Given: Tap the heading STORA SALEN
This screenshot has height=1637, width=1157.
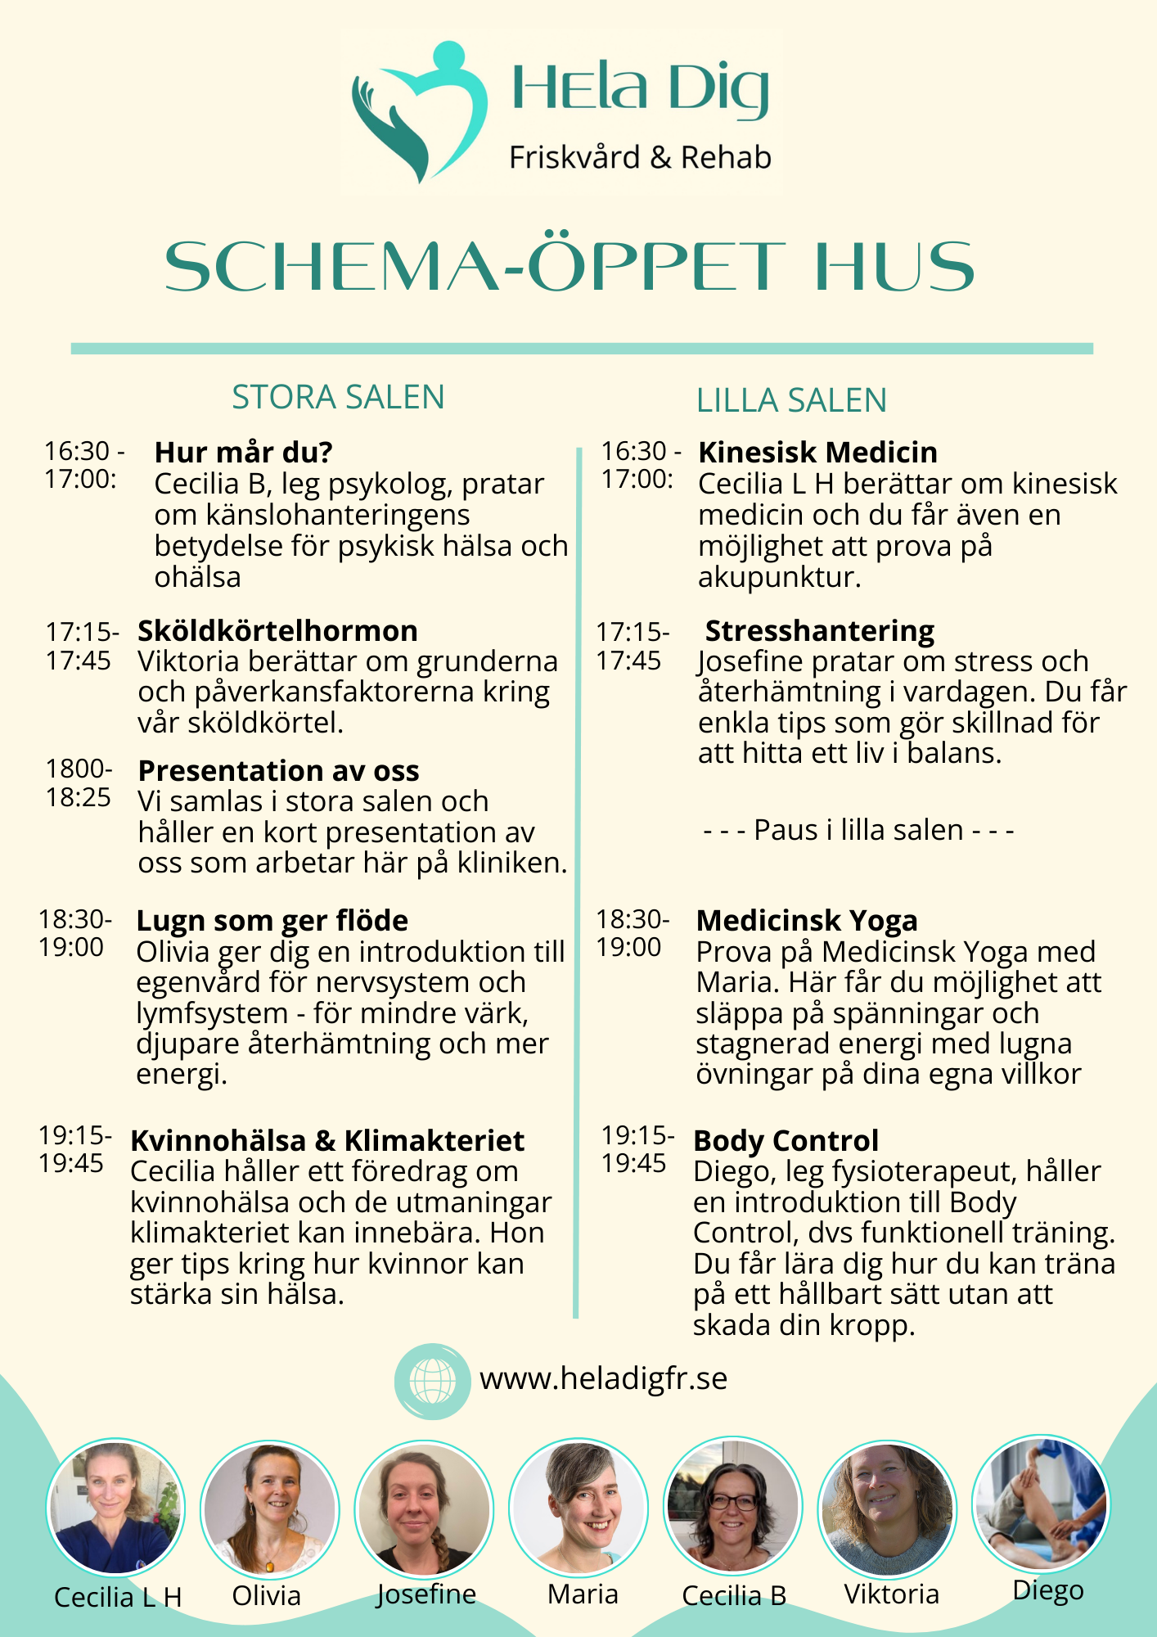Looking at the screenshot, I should tap(338, 398).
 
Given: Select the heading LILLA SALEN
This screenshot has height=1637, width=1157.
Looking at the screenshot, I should tap(791, 401).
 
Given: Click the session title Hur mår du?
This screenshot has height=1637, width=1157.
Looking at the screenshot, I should tap(243, 452).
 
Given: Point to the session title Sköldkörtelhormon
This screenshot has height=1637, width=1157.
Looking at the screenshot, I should tap(277, 631).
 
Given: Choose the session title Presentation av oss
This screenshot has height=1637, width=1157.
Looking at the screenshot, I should tap(278, 771).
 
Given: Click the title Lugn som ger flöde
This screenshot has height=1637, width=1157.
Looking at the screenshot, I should tap(272, 921).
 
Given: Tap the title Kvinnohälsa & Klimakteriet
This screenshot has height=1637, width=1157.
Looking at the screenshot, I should tap(327, 1141).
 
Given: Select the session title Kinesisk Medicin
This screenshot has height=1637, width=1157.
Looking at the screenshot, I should tap(817, 453).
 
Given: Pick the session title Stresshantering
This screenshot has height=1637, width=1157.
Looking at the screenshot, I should tap(819, 631).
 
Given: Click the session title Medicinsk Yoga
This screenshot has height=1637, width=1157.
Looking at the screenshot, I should tap(807, 921).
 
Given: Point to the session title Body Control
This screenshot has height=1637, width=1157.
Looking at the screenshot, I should tap(786, 1141).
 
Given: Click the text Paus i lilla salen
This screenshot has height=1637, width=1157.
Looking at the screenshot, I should tap(858, 830).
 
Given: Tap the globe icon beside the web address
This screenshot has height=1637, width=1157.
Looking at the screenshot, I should tap(432, 1381).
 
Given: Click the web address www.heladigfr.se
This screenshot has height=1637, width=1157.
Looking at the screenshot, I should tap(603, 1379).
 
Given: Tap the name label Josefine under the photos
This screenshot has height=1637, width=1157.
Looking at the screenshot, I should tap(425, 1594).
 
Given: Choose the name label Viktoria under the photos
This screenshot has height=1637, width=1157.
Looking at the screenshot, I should tap(891, 1594).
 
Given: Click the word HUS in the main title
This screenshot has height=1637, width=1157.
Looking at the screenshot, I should tap(894, 267).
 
